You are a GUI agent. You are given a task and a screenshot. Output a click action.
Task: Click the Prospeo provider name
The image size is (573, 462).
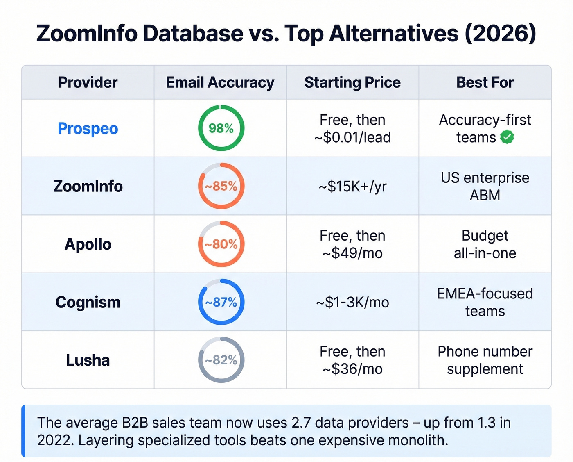tap(88, 129)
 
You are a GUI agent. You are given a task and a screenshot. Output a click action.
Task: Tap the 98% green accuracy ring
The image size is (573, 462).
tap(221, 128)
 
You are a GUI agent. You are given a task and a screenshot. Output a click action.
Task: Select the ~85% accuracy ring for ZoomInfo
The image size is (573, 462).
tap(221, 186)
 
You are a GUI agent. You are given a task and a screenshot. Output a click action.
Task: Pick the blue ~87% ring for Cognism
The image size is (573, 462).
tap(221, 302)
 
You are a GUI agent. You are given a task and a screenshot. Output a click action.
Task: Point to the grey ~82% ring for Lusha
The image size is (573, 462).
tap(221, 360)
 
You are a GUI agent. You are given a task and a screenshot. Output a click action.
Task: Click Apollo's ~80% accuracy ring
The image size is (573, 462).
tap(221, 244)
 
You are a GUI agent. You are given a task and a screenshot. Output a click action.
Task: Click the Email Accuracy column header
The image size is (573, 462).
tap(220, 82)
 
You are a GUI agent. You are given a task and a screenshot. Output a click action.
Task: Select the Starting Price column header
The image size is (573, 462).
tap(352, 82)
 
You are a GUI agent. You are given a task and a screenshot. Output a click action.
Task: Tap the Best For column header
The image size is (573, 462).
tap(485, 82)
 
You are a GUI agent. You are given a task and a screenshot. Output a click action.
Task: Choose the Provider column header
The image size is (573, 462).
tap(88, 82)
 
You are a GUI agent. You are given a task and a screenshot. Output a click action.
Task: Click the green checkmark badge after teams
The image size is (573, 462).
tap(507, 137)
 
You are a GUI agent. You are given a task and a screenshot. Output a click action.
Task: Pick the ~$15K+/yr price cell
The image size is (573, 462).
tap(352, 187)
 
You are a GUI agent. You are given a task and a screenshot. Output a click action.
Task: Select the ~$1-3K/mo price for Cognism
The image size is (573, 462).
tap(352, 303)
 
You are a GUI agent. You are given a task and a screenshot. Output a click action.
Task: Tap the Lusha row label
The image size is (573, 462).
tap(88, 360)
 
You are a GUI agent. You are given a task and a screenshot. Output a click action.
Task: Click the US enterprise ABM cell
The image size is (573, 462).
tap(485, 186)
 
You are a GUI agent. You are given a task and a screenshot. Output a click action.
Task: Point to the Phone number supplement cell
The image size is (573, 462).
tap(485, 360)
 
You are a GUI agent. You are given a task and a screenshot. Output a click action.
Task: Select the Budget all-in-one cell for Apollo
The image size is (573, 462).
tap(485, 244)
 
